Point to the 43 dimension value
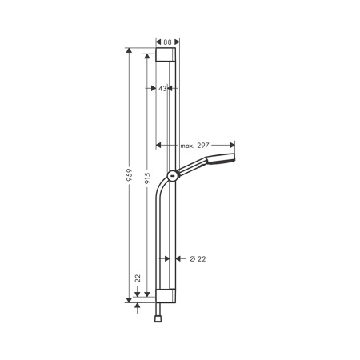pos(162,89)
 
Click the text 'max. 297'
pos(195,146)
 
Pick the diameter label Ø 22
pos(198,258)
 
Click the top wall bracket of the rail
pos(167,54)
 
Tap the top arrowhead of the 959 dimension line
pos(130,50)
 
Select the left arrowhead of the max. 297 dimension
pos(158,146)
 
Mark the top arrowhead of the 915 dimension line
pos(147,58)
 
